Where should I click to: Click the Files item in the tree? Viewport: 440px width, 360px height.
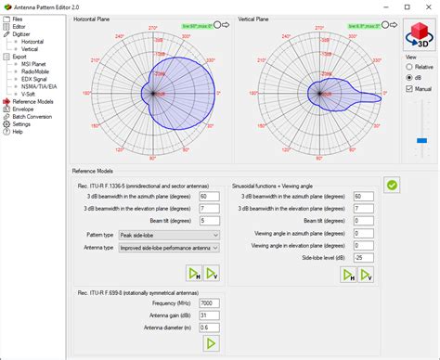click(x=18, y=19)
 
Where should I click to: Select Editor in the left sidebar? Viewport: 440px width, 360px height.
click(x=19, y=27)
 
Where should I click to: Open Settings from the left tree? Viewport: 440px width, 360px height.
click(x=21, y=124)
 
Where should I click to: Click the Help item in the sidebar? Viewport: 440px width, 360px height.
click(x=18, y=132)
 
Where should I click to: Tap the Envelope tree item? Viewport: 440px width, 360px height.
click(x=22, y=109)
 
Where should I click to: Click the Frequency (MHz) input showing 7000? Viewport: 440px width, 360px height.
click(x=209, y=302)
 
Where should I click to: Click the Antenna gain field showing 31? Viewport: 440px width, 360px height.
click(x=209, y=315)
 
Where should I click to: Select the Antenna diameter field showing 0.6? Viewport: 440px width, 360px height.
click(x=209, y=327)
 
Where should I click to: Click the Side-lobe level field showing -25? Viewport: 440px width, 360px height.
click(x=364, y=256)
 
